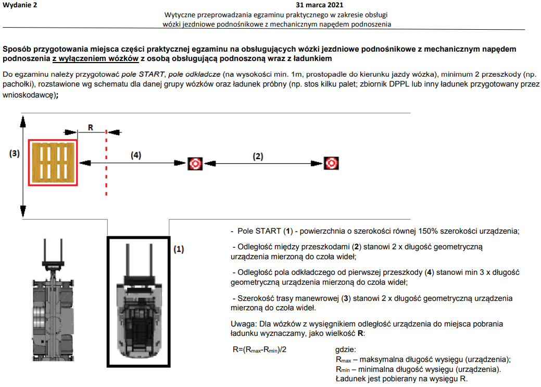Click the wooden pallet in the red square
53,163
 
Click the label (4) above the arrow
135,155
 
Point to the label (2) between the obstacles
258,155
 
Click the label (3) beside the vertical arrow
15,153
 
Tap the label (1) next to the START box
179,249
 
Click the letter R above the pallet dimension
90,127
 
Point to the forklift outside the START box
52,303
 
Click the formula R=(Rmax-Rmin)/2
259,349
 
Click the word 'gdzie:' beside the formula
345,349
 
